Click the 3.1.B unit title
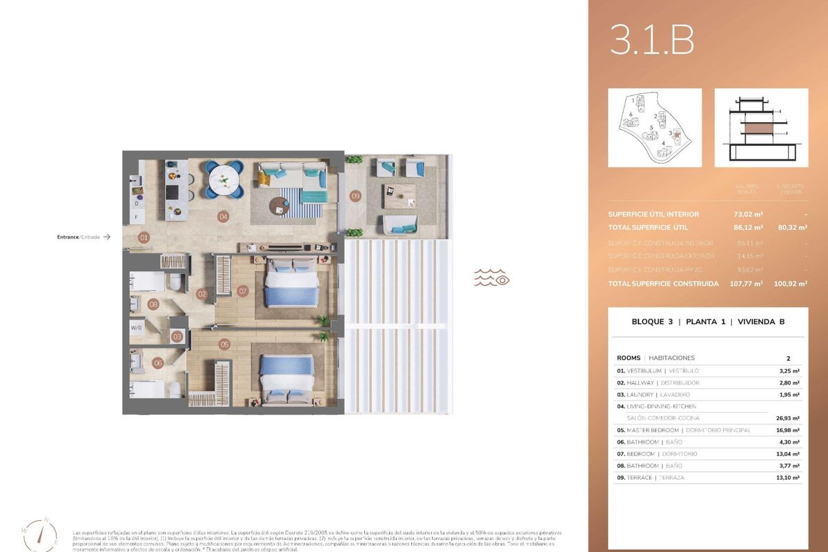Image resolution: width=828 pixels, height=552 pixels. [x=651, y=41]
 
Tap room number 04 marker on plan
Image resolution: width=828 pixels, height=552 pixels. [x=224, y=217]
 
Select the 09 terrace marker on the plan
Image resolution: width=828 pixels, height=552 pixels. [x=355, y=195]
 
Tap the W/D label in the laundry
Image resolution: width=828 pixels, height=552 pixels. [x=136, y=328]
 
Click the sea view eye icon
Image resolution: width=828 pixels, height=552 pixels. [x=491, y=279]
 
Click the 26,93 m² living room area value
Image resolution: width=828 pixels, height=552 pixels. [x=785, y=418]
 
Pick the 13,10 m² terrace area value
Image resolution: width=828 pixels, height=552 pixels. [x=785, y=477]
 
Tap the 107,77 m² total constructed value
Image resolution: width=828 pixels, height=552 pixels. [x=746, y=284]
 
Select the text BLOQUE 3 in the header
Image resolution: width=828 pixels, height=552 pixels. [x=652, y=322]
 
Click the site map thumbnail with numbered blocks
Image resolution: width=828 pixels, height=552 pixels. [x=654, y=128]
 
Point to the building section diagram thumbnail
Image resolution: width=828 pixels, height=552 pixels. [x=760, y=128]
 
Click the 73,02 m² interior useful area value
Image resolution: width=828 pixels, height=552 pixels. [x=748, y=214]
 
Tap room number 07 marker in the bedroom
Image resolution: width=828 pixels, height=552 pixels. [x=242, y=291]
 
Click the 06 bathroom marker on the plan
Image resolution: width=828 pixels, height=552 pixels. [x=157, y=363]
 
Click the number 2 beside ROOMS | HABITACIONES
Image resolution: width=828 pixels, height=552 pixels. [x=788, y=358]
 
